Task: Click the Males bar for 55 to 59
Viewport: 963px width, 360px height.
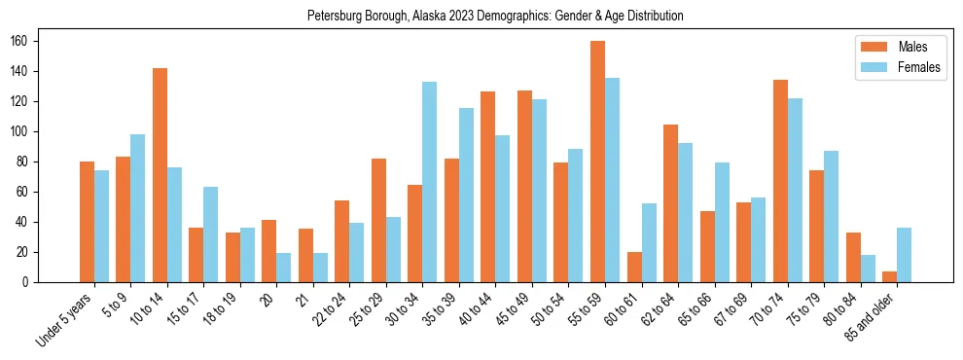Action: (x=597, y=162)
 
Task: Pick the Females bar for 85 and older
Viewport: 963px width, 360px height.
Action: (x=904, y=255)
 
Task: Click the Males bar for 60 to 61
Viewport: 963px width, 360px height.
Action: (x=634, y=267)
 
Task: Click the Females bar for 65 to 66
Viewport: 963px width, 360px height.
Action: (x=722, y=222)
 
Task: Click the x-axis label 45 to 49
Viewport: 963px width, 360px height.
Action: (x=513, y=309)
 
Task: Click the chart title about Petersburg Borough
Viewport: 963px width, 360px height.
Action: (x=495, y=16)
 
